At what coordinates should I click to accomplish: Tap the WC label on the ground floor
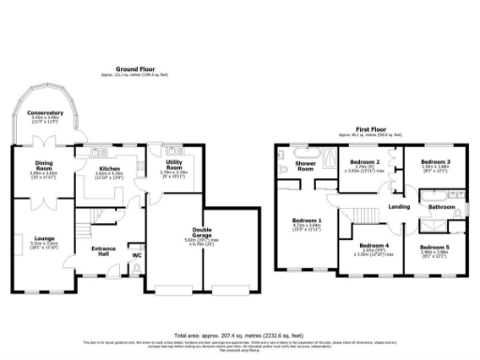137,254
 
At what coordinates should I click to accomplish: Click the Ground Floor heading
135,69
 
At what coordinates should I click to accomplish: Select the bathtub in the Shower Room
307,150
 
